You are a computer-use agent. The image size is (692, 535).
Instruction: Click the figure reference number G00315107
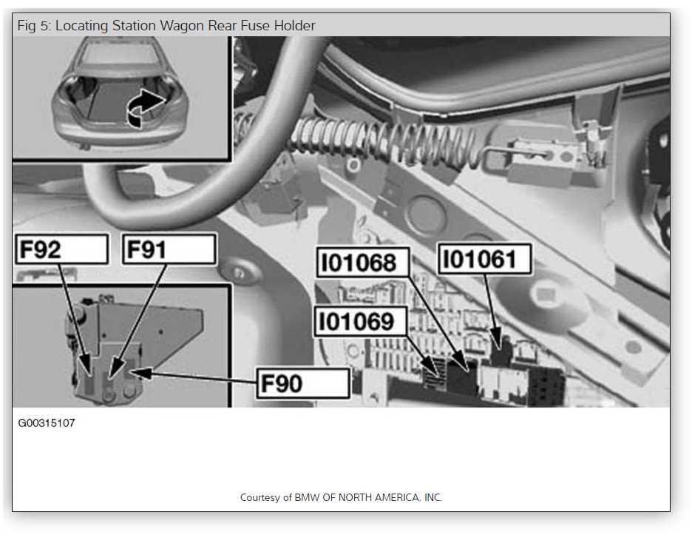coord(47,423)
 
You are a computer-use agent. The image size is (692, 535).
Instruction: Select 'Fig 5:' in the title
coord(35,26)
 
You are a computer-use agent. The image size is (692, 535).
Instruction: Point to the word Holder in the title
coord(294,26)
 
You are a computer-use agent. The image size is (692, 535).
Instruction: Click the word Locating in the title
coord(82,26)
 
